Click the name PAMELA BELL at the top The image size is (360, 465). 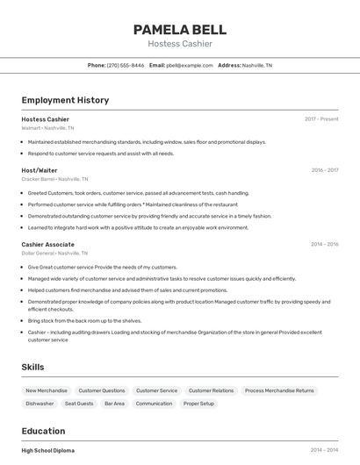tap(180, 29)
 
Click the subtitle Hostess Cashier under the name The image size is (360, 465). tap(180, 43)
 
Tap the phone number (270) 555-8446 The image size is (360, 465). tap(126, 65)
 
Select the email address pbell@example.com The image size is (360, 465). tap(190, 65)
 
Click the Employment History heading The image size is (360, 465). tap(65, 100)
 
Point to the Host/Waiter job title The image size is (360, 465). tap(40, 170)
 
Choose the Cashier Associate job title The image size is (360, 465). tap(47, 244)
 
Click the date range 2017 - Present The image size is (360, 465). tap(321, 119)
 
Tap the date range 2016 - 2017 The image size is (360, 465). tap(324, 170)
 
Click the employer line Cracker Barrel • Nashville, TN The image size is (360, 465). tap(54, 179)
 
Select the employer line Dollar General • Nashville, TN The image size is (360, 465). tap(55, 253)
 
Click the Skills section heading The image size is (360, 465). tap(33, 367)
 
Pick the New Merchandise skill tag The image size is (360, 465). tap(47, 390)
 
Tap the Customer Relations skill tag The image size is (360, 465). tap(211, 390)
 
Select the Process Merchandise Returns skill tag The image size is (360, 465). tap(279, 390)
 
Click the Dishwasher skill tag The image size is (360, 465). tap(40, 404)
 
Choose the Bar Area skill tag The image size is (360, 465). tap(114, 404)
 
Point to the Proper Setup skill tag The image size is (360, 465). tap(198, 404)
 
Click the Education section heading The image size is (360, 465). tap(43, 431)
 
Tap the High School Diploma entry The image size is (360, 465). tap(48, 450)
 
